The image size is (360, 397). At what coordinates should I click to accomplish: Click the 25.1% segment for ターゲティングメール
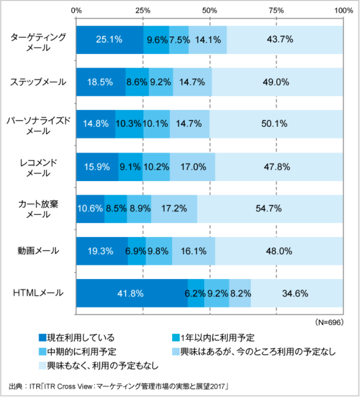point(110,40)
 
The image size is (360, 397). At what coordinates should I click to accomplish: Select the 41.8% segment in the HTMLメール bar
point(132,294)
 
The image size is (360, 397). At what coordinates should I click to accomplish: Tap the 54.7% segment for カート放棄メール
point(270,209)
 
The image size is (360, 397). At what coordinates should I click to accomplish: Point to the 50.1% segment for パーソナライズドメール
point(276,124)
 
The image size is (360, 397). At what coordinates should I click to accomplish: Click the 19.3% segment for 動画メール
point(102,251)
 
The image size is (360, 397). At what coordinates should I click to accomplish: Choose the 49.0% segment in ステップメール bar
point(277,82)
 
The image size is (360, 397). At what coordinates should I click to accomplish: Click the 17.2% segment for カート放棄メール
point(174,209)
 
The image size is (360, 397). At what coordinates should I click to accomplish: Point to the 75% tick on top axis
point(276,10)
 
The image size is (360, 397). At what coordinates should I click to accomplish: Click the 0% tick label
point(77,10)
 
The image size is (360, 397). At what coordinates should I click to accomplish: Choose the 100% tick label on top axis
point(343,10)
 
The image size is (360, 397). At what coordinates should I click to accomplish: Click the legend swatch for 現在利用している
point(42,337)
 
